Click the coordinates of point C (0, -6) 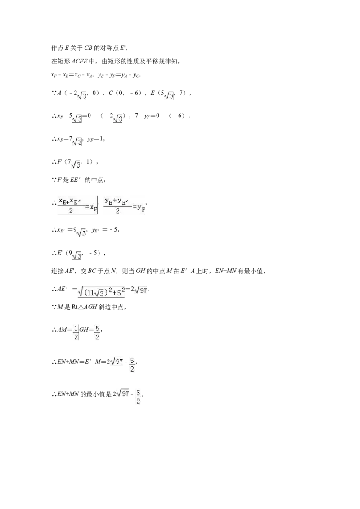[125, 93]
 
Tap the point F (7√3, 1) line [75, 162]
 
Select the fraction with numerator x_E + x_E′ [71, 205]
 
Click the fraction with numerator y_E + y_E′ [117, 206]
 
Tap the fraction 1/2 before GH [76, 333]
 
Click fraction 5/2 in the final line [138, 397]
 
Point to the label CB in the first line [88, 48]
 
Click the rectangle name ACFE [79, 61]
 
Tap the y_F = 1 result [95, 139]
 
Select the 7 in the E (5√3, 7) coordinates [181, 93]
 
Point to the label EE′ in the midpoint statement [76, 180]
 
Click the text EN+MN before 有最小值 [225, 271]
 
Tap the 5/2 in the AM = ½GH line [97, 333]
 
